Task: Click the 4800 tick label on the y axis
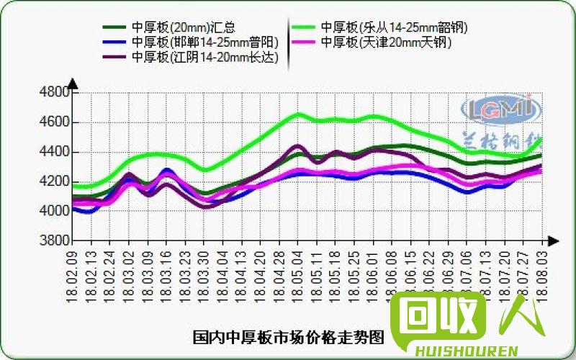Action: [x=55, y=93]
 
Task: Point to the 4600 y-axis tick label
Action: [x=55, y=122]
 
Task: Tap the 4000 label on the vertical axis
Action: [x=55, y=211]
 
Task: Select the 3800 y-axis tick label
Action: [x=55, y=240]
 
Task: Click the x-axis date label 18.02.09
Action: [x=73, y=276]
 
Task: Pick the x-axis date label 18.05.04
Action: [x=297, y=276]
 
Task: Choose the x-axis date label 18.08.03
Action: [x=540, y=276]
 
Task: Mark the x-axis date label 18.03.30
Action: [x=204, y=276]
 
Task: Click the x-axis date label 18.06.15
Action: [x=410, y=276]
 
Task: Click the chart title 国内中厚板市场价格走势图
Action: [x=288, y=337]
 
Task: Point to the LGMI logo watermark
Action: [x=496, y=109]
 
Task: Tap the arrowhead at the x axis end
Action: [x=552, y=240]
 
